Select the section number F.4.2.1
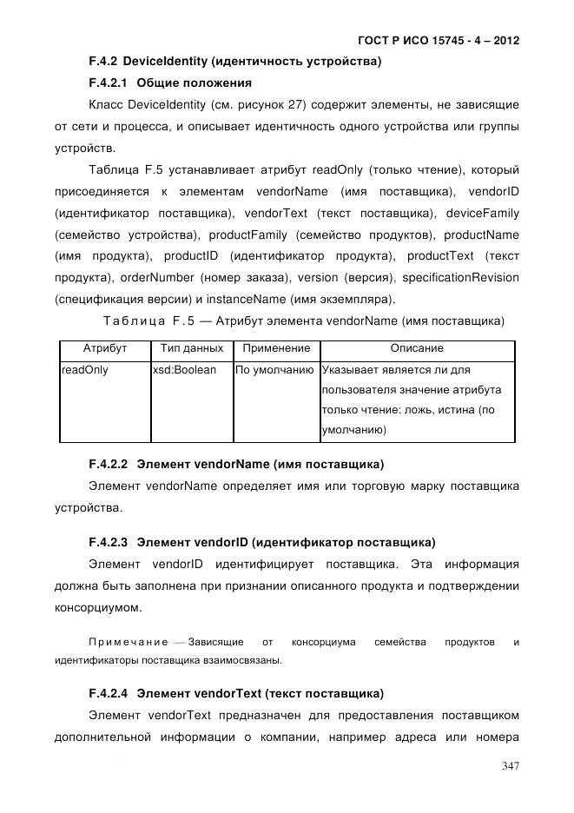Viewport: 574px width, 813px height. point(108,83)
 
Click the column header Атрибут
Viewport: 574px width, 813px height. point(104,348)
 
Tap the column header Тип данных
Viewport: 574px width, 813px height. point(191,348)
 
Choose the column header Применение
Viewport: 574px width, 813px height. point(275,348)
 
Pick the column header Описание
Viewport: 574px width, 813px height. point(417,348)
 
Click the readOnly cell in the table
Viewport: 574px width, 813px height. point(85,370)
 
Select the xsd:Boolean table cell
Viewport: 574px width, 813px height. point(184,370)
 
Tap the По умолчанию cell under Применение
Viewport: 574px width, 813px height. point(274,370)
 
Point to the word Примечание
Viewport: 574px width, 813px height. point(129,642)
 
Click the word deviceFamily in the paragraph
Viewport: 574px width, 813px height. point(482,213)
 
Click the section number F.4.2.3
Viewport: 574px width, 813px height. point(108,542)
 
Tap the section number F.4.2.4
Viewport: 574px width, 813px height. point(108,693)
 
